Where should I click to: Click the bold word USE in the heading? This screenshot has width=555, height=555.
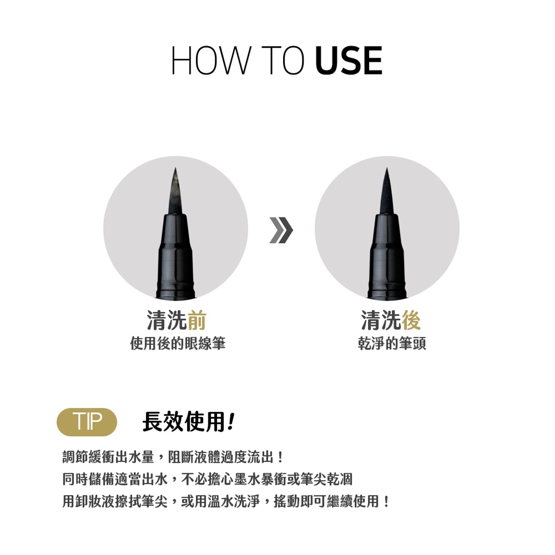349,60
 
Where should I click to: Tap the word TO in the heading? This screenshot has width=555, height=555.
283,60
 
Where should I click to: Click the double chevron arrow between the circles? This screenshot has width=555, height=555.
281,230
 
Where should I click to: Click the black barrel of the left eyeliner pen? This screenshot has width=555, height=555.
175,255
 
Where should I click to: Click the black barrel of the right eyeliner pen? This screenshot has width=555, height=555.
387,255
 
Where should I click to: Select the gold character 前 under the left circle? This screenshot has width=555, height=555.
197,320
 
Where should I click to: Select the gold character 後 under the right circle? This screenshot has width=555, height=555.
411,320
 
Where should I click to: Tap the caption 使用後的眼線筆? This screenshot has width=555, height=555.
178,344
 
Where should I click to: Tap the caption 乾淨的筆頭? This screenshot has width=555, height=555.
392,344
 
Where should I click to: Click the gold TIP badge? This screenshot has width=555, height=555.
87,422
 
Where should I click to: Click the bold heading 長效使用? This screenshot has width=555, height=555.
184,422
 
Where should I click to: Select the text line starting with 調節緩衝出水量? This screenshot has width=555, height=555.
173,457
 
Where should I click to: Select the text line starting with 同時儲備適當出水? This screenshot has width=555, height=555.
208,479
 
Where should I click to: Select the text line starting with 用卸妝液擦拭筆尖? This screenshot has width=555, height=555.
226,501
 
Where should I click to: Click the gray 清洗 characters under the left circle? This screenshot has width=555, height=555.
167,320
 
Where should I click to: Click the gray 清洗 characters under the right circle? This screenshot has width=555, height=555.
381,320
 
